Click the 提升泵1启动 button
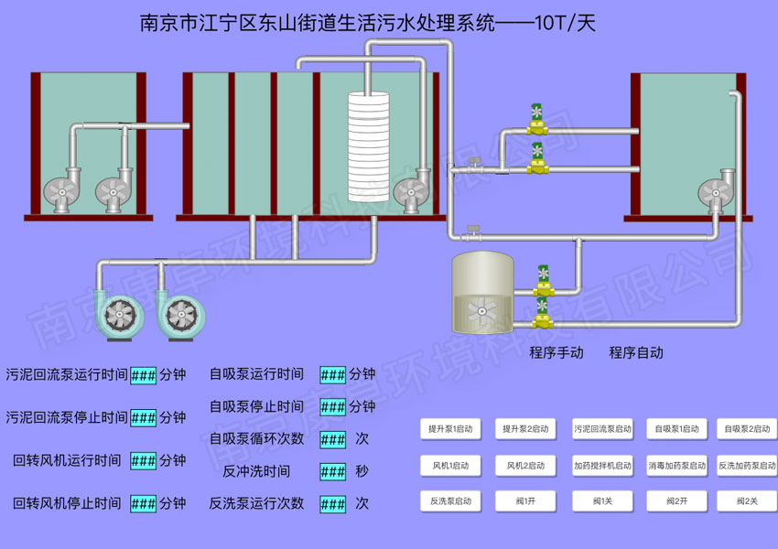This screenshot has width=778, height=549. click(451, 428)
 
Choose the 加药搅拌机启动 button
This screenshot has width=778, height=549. click(602, 465)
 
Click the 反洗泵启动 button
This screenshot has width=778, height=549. click(451, 501)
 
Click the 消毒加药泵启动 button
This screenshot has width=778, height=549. click(677, 465)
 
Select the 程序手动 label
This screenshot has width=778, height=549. click(556, 352)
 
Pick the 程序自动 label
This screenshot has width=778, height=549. click(636, 352)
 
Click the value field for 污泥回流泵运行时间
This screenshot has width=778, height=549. click(144, 375)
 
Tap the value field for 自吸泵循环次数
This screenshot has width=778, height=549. click(333, 439)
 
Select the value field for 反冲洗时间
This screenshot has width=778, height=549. click(333, 471)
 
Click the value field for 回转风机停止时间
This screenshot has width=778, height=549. click(144, 503)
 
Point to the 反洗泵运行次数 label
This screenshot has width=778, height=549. click(256, 503)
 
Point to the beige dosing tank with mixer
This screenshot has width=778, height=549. click(482, 293)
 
